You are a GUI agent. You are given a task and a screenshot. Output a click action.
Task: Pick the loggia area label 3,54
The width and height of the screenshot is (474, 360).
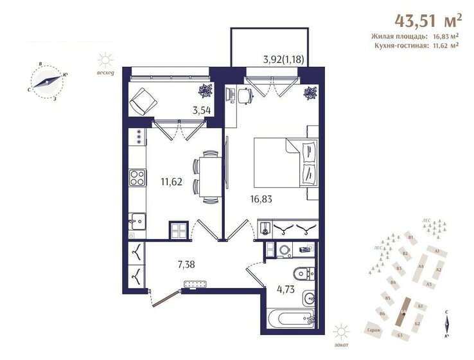pyautogui.click(x=202, y=109)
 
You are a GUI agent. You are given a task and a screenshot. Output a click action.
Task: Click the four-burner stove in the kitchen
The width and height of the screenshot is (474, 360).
pyautogui.click(x=138, y=177)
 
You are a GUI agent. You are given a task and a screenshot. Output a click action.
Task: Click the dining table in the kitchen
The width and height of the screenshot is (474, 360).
pyautogui.click(x=206, y=176)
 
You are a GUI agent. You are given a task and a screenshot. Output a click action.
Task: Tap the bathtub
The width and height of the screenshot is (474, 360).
pyautogui.click(x=291, y=319)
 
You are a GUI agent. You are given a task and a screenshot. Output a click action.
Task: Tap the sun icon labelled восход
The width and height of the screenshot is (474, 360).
pyautogui.click(x=104, y=61)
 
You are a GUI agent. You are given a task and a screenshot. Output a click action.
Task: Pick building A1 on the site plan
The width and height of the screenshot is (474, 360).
pyautogui.click(x=437, y=251)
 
